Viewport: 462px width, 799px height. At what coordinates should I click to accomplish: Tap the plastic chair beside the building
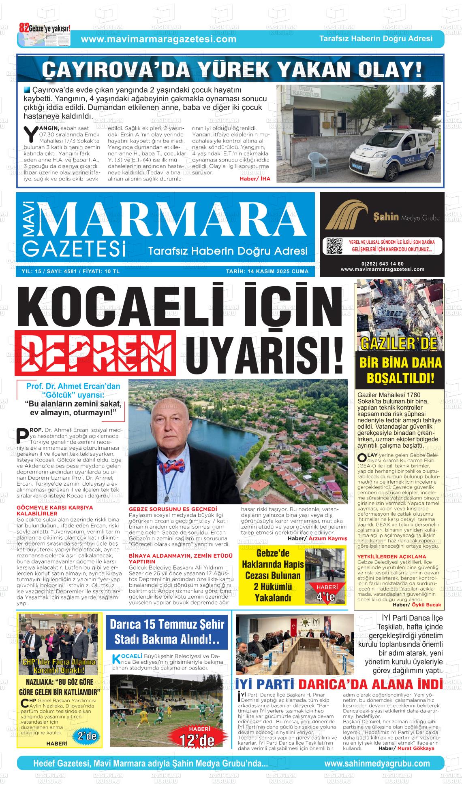click(x=315, y=162)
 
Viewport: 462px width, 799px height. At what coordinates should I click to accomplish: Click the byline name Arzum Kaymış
click(x=328, y=538)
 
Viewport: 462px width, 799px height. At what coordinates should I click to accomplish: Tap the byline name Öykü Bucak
click(x=426, y=605)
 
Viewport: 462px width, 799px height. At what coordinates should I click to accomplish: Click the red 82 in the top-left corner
click(x=24, y=28)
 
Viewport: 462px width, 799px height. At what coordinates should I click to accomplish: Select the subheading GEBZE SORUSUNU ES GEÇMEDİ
click(x=173, y=509)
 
